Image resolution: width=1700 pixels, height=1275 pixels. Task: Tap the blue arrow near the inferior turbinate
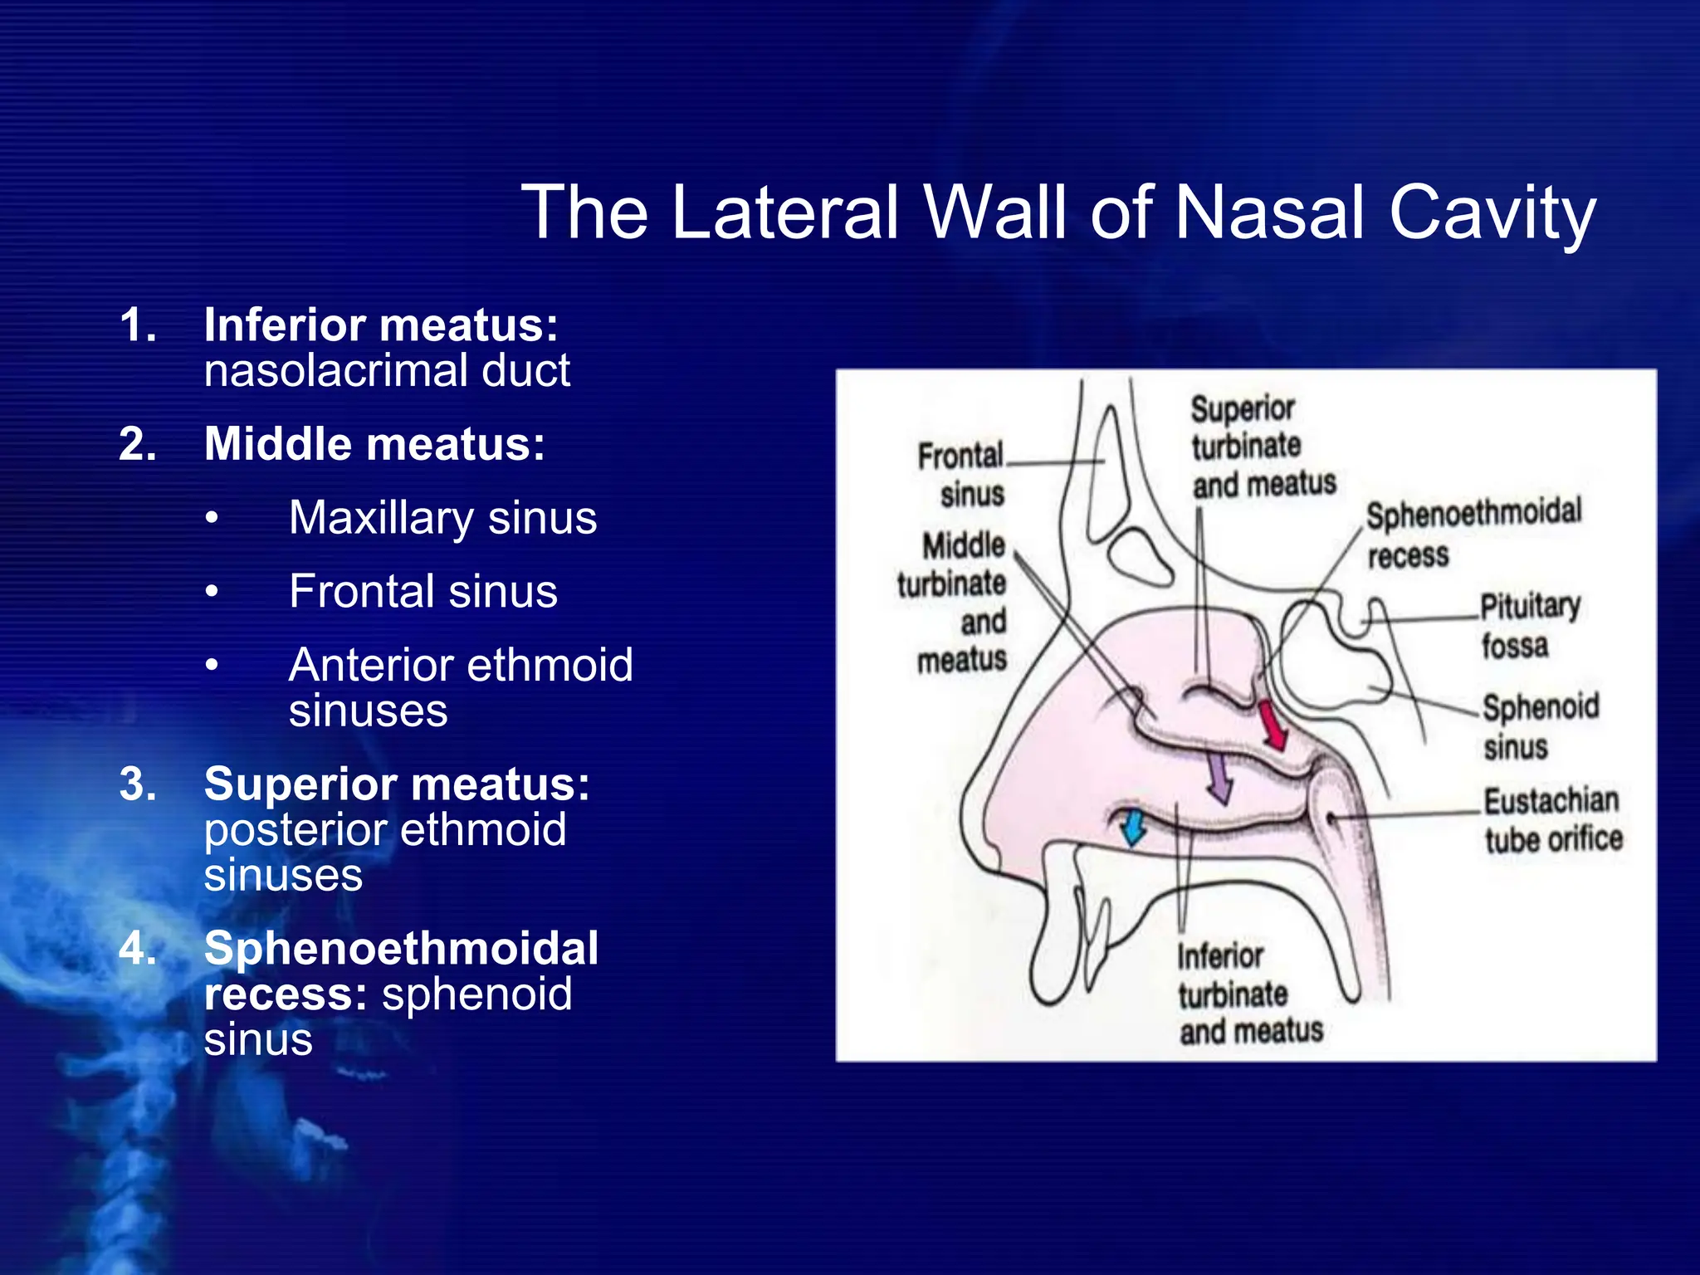point(1131,828)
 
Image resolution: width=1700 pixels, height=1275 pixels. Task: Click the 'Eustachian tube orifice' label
point(1552,820)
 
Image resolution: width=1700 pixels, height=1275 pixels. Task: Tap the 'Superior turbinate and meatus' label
point(1262,447)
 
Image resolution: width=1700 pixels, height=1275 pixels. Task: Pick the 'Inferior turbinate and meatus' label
point(1249,994)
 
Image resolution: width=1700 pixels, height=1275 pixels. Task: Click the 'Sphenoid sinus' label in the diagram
point(1540,726)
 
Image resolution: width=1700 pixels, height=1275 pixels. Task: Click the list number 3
point(138,784)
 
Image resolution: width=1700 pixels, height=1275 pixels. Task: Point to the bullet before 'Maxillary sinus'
point(212,519)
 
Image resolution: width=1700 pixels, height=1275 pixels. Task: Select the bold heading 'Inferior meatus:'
point(381,325)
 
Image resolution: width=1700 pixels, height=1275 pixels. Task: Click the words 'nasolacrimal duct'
point(387,370)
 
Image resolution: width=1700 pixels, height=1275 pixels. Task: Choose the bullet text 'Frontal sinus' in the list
point(423,591)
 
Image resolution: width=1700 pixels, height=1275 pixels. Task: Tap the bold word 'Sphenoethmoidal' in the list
point(401,948)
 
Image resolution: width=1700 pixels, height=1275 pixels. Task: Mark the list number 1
point(138,325)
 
